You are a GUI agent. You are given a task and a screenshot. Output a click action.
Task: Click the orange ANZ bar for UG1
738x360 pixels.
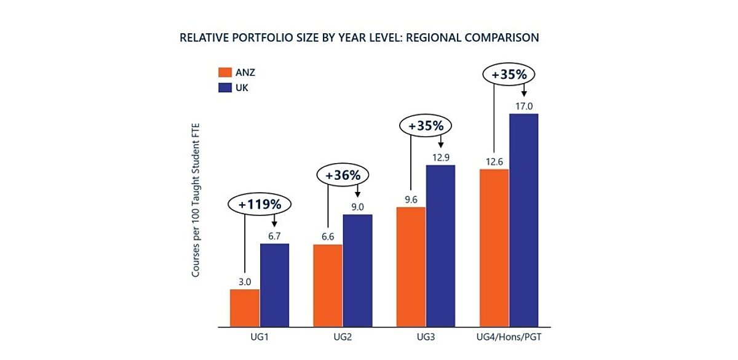click(245, 308)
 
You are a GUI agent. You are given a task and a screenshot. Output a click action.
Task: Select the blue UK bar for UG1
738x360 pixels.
click(274, 285)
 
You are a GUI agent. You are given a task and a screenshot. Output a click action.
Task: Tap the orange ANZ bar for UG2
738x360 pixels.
click(328, 286)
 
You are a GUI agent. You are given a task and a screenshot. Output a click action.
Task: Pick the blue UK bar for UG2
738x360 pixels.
click(357, 271)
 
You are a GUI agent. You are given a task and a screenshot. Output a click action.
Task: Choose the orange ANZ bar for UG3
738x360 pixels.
click(411, 267)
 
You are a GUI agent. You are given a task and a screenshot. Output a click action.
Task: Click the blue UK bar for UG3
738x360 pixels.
click(440, 246)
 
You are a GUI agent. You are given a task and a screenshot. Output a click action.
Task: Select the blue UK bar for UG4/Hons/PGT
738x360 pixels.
click(524, 220)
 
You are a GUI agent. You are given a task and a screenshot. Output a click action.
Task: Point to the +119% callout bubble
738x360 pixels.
click(260, 204)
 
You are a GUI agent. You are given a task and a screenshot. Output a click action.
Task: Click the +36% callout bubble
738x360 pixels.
click(343, 175)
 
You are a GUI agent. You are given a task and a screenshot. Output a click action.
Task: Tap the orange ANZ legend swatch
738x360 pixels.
click(225, 72)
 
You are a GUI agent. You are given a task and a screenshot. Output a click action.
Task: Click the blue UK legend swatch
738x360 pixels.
click(225, 87)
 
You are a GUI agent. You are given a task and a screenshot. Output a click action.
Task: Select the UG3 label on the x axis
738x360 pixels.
click(426, 337)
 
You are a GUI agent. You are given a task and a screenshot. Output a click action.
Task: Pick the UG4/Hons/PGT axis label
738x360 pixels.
click(509, 337)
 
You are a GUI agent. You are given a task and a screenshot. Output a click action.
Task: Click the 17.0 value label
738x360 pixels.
click(524, 106)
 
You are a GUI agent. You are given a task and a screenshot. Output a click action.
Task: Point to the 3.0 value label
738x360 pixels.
click(245, 282)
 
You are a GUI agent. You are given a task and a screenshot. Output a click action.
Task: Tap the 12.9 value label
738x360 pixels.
click(441, 158)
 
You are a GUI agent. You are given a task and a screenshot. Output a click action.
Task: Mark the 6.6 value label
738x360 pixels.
click(328, 237)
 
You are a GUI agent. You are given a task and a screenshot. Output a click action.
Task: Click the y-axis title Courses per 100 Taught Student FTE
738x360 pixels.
click(196, 200)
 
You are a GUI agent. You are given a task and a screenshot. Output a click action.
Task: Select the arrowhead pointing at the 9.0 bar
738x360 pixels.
click(357, 195)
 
